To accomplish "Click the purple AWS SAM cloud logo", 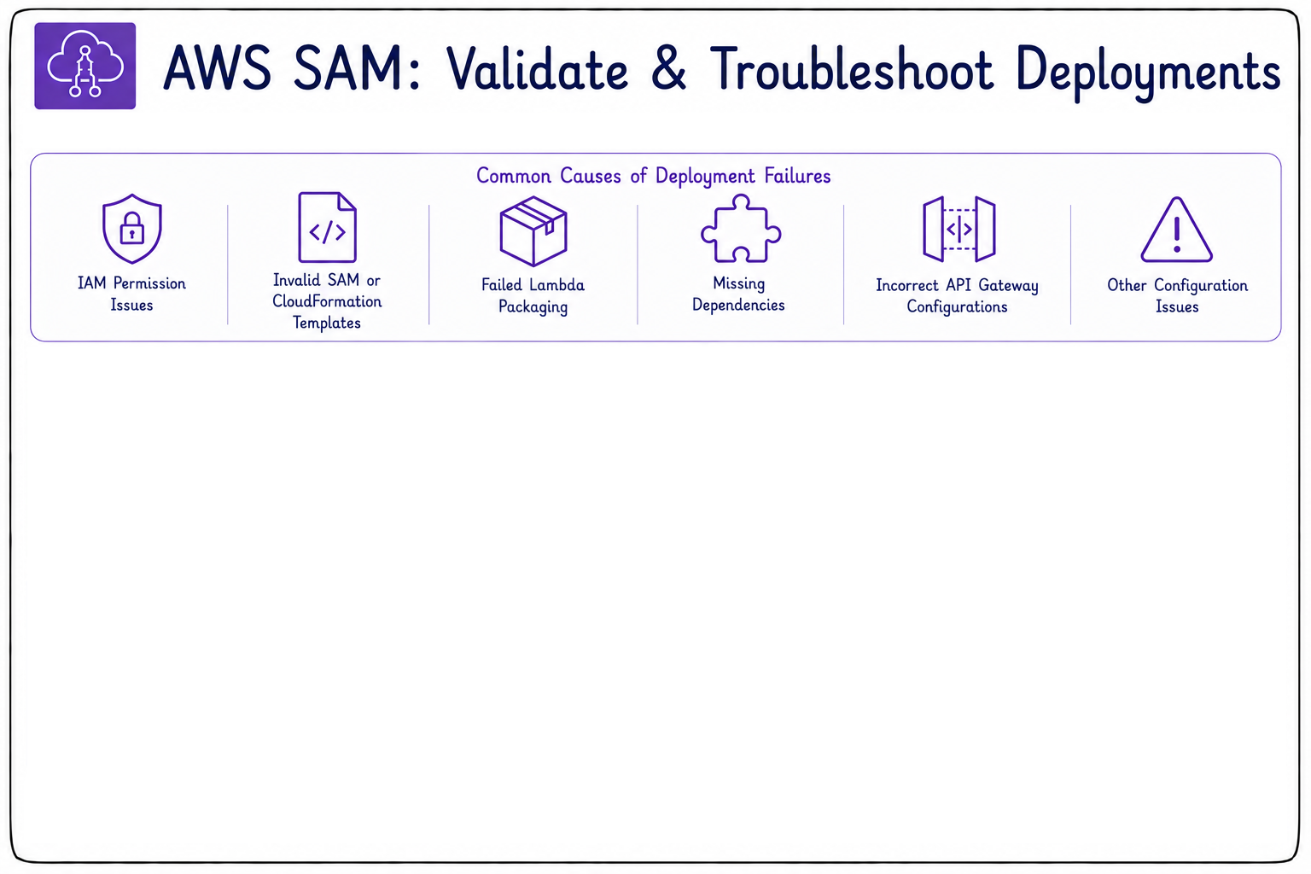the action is tap(84, 66).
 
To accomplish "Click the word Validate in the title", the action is tap(537, 70).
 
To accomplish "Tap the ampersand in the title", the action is tap(667, 70).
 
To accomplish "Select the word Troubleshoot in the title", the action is tap(852, 70).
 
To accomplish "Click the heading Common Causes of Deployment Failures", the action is tap(653, 176).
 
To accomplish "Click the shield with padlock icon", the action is tap(131, 228).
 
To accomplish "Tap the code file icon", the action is tap(327, 227).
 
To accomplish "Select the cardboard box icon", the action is tap(533, 230).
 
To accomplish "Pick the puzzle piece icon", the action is tap(740, 228).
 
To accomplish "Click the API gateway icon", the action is tap(958, 229).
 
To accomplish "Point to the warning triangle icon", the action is tap(1176, 230).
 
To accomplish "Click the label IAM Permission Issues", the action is tap(131, 294).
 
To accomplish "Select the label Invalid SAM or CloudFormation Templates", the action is tap(327, 301).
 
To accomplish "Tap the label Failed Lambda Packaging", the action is tap(533, 295).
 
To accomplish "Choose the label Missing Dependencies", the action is tap(738, 294).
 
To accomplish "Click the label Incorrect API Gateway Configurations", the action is tap(958, 295).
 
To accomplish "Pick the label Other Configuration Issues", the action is tap(1178, 295).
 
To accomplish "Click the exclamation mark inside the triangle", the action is tap(1177, 233).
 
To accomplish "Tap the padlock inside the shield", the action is tap(131, 228).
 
